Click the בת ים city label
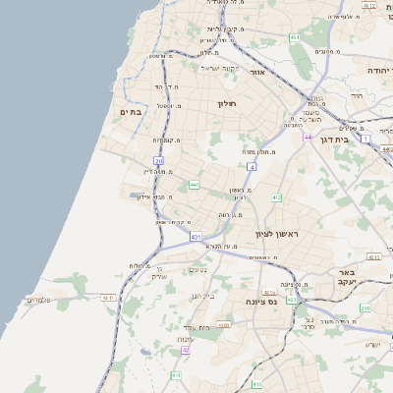[131, 113]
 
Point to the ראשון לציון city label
[275, 234]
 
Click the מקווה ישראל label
[220, 68]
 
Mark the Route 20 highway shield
[158, 160]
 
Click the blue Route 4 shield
[252, 168]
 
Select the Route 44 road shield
[308, 138]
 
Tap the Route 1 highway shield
[366, 140]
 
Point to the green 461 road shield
[294, 37]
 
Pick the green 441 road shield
[195, 184]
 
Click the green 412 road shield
[276, 197]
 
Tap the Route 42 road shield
[185, 350]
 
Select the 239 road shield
[365, 309]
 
